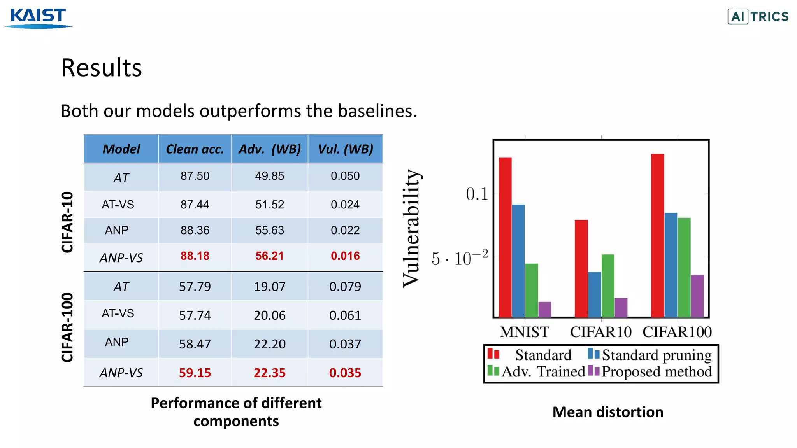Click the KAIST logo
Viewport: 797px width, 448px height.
(x=38, y=18)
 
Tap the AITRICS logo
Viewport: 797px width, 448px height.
(x=758, y=16)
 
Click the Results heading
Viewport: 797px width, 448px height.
(x=102, y=68)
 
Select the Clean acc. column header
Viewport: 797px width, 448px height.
(x=195, y=149)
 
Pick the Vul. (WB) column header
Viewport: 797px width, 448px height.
(x=345, y=149)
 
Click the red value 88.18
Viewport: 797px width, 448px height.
(x=195, y=256)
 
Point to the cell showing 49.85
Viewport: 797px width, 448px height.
(x=269, y=176)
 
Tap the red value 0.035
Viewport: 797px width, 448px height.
(x=345, y=373)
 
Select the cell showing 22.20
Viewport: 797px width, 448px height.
(x=269, y=344)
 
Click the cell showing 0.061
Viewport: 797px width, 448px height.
(x=345, y=315)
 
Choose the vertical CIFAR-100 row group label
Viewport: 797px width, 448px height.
(x=67, y=327)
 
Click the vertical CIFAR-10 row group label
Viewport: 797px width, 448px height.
(x=67, y=222)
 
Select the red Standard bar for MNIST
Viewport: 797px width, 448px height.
(x=505, y=237)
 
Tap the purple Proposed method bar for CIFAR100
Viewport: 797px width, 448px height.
(x=697, y=296)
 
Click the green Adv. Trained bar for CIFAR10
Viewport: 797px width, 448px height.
(x=607, y=286)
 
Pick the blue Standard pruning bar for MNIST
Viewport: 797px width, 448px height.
(x=518, y=261)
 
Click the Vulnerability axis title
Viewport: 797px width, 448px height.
(x=411, y=228)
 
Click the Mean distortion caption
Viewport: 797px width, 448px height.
(x=607, y=412)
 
